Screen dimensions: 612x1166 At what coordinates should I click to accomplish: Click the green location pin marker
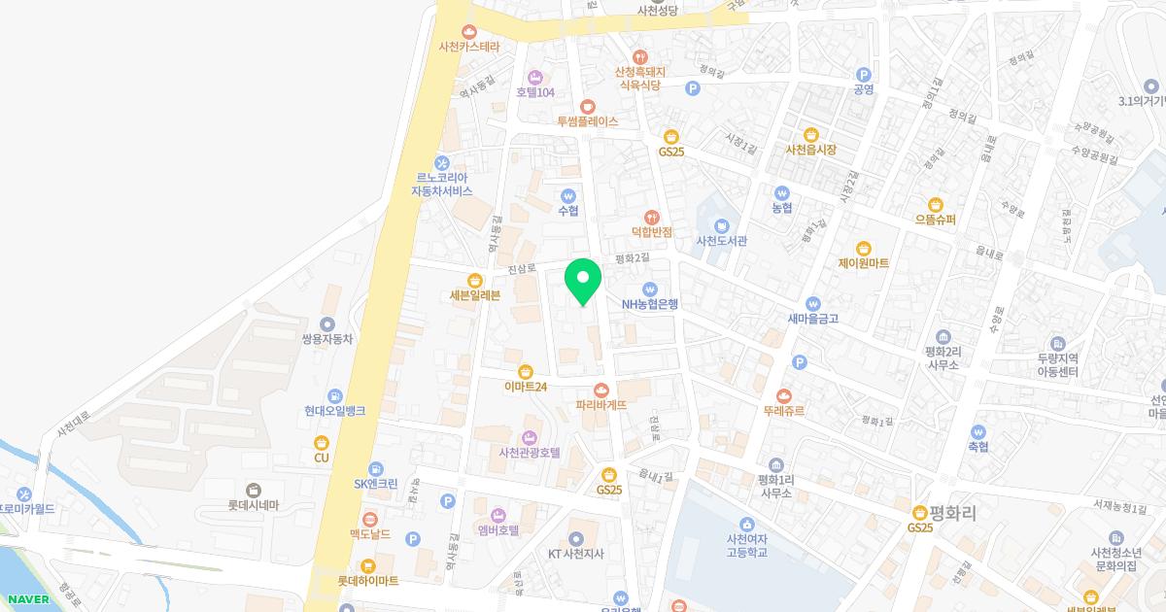(x=583, y=282)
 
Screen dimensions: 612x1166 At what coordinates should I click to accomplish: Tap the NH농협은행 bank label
(x=650, y=303)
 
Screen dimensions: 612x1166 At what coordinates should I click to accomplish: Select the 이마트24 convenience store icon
(x=526, y=370)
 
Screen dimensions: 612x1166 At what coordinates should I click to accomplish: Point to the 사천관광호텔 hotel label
(x=530, y=452)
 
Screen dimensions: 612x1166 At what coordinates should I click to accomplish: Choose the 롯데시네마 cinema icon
(x=254, y=490)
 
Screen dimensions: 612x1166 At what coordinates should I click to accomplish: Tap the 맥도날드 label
(x=369, y=533)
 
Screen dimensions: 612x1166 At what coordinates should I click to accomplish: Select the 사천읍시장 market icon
(x=810, y=134)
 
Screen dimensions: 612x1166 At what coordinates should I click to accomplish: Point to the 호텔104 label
(x=534, y=92)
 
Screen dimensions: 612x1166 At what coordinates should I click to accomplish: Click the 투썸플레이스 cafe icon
(x=587, y=106)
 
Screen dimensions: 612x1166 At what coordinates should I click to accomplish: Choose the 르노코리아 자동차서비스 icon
(x=441, y=162)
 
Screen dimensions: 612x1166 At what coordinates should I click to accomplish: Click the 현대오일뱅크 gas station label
(x=334, y=411)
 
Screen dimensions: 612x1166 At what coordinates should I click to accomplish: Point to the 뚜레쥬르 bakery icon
(x=783, y=395)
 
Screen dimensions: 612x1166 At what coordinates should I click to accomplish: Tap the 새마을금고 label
(x=812, y=318)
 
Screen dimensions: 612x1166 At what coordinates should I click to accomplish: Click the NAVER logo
(x=24, y=599)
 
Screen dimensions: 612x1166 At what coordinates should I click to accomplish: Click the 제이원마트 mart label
(x=863, y=263)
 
